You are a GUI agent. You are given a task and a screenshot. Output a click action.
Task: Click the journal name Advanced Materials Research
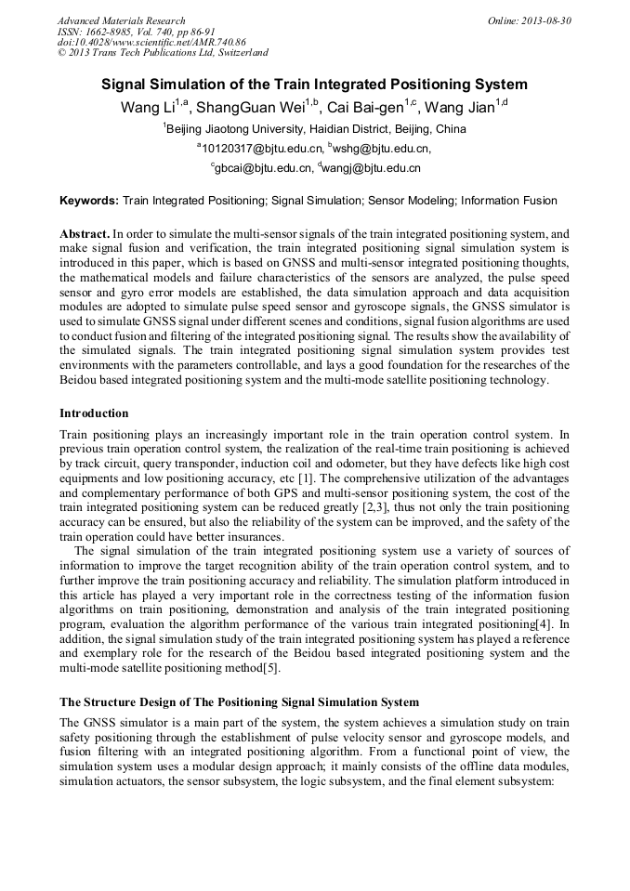(x=121, y=20)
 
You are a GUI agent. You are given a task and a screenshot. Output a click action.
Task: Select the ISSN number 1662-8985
(x=112, y=31)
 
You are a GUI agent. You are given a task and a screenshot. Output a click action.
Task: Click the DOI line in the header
(x=151, y=42)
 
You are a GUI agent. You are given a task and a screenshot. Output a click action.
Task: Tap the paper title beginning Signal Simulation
(x=314, y=85)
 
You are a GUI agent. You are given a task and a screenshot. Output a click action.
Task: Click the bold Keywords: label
(x=89, y=201)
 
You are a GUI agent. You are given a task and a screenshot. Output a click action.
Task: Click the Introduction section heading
(x=94, y=413)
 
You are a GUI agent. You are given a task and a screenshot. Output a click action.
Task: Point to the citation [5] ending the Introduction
(x=269, y=667)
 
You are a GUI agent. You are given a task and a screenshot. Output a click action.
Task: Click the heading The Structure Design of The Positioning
(x=239, y=701)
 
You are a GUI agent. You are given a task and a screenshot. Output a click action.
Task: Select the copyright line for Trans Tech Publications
(x=163, y=53)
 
